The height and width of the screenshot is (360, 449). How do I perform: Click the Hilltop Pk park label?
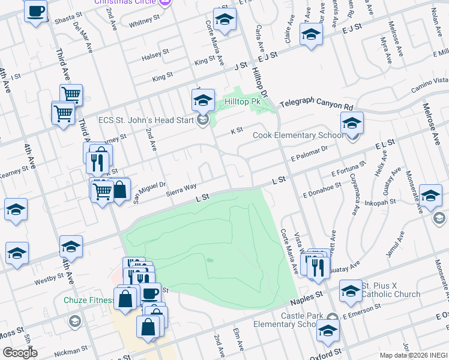(243, 102)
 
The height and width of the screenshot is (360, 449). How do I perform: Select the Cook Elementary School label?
(298, 136)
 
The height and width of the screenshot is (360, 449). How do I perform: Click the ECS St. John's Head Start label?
(145, 119)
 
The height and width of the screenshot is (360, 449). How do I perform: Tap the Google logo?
(20, 353)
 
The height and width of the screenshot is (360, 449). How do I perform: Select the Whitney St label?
(143, 23)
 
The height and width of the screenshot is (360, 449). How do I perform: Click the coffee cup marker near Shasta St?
(36, 11)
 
